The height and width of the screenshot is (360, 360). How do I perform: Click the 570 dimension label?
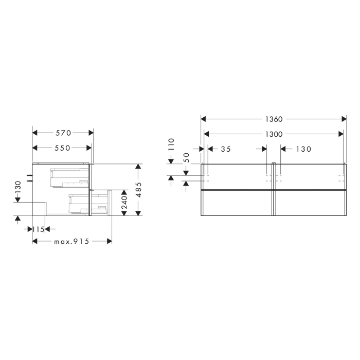pyautogui.click(x=62, y=133)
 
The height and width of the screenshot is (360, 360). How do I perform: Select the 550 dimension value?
pyautogui.click(x=62, y=148)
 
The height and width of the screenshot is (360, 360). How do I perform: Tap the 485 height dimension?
pyautogui.click(x=138, y=190)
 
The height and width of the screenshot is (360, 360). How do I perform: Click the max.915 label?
pyautogui.click(x=71, y=242)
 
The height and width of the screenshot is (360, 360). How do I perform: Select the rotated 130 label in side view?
pyautogui.click(x=17, y=188)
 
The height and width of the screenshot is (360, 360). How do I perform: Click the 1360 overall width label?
pyautogui.click(x=274, y=119)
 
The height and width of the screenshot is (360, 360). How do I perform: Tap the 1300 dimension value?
pyautogui.click(x=274, y=134)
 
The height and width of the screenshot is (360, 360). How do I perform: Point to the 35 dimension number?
pyautogui.click(x=225, y=149)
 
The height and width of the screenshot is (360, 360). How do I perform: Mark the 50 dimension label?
pyautogui.click(x=186, y=157)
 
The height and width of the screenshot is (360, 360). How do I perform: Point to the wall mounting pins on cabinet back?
pyautogui.click(x=30, y=178)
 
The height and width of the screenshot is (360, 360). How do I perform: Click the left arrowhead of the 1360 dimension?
pyautogui.click(x=203, y=119)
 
